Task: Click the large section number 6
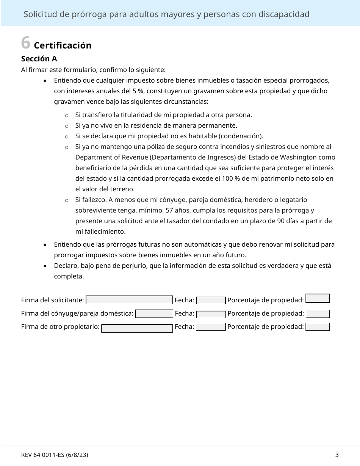pyautogui.click(x=25, y=43)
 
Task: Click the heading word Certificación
pyautogui.click(x=63, y=45)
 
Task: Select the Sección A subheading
pyautogui.click(x=39, y=59)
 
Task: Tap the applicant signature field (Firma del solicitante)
pyautogui.click(x=129, y=300)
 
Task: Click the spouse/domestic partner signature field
pyautogui.click(x=154, y=314)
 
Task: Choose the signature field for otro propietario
pyautogui.click(x=137, y=328)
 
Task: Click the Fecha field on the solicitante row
pyautogui.click(x=211, y=300)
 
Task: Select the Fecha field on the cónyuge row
pyautogui.click(x=211, y=314)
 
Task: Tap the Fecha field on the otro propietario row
pyautogui.click(x=211, y=327)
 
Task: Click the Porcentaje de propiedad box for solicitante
pyautogui.click(x=318, y=298)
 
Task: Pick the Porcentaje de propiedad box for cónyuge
pyautogui.click(x=318, y=314)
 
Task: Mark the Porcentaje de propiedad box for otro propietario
pyautogui.click(x=318, y=327)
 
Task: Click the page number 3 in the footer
pyautogui.click(x=337, y=455)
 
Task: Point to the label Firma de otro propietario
pyautogui.click(x=60, y=327)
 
